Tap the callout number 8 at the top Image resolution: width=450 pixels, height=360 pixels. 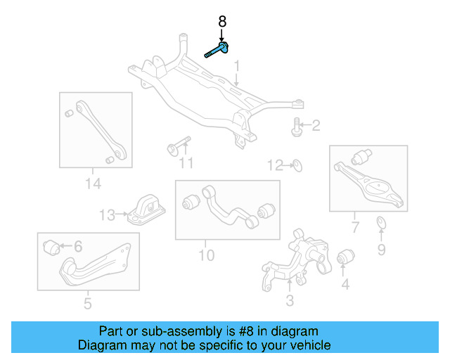coord(222,22)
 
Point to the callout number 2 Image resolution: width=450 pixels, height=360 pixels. coord(316,127)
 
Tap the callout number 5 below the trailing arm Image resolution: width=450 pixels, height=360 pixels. coord(87,304)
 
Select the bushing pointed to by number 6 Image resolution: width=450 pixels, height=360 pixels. coord(51,247)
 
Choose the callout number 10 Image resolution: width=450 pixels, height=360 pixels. coord(206,254)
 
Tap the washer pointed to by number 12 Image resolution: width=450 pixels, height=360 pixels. coord(296,166)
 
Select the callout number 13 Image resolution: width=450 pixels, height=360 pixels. coord(106,214)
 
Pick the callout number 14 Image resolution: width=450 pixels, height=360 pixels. coord(93,184)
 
